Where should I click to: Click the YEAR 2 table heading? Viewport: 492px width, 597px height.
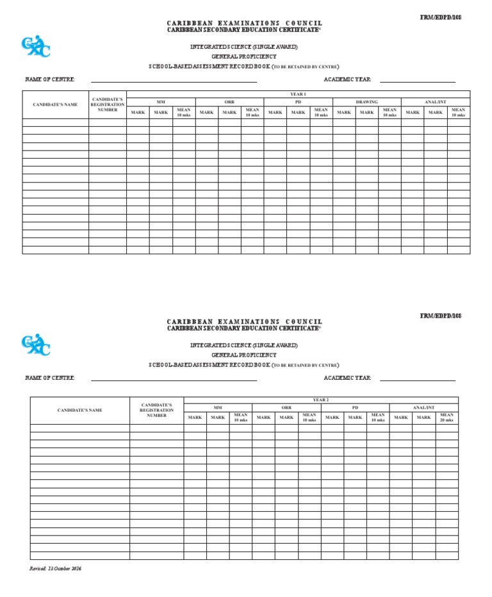click(x=320, y=400)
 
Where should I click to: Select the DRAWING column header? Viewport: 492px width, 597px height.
click(x=366, y=102)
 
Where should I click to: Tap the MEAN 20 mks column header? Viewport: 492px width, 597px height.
click(x=447, y=417)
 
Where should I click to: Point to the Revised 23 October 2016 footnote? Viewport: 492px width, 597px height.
click(x=56, y=569)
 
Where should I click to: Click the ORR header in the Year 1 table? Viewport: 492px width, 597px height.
click(x=229, y=102)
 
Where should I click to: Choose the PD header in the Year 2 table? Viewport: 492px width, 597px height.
click(x=355, y=407)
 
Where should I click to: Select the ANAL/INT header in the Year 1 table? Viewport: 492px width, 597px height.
click(x=436, y=102)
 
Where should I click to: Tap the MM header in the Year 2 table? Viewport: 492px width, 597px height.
click(x=218, y=407)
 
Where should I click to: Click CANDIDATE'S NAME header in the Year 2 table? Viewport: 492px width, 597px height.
click(x=80, y=410)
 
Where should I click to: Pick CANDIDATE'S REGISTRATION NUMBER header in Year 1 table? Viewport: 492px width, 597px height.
click(x=107, y=104)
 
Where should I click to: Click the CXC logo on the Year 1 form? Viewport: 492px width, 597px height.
click(x=35, y=47)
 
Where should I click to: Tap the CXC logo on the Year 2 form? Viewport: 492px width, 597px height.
click(x=35, y=345)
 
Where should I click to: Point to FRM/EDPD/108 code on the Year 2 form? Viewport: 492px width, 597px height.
click(x=440, y=316)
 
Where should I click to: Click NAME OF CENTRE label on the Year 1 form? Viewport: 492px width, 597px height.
click(x=50, y=79)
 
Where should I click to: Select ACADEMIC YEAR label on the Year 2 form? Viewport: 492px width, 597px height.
click(x=347, y=378)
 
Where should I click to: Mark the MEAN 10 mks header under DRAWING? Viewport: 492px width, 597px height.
click(x=389, y=112)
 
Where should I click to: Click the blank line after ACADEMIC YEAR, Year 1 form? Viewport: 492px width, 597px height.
click(x=418, y=81)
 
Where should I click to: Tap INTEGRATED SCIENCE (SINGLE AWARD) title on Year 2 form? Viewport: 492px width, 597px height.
click(x=244, y=345)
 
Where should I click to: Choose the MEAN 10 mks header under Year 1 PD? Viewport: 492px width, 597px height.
click(x=321, y=112)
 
